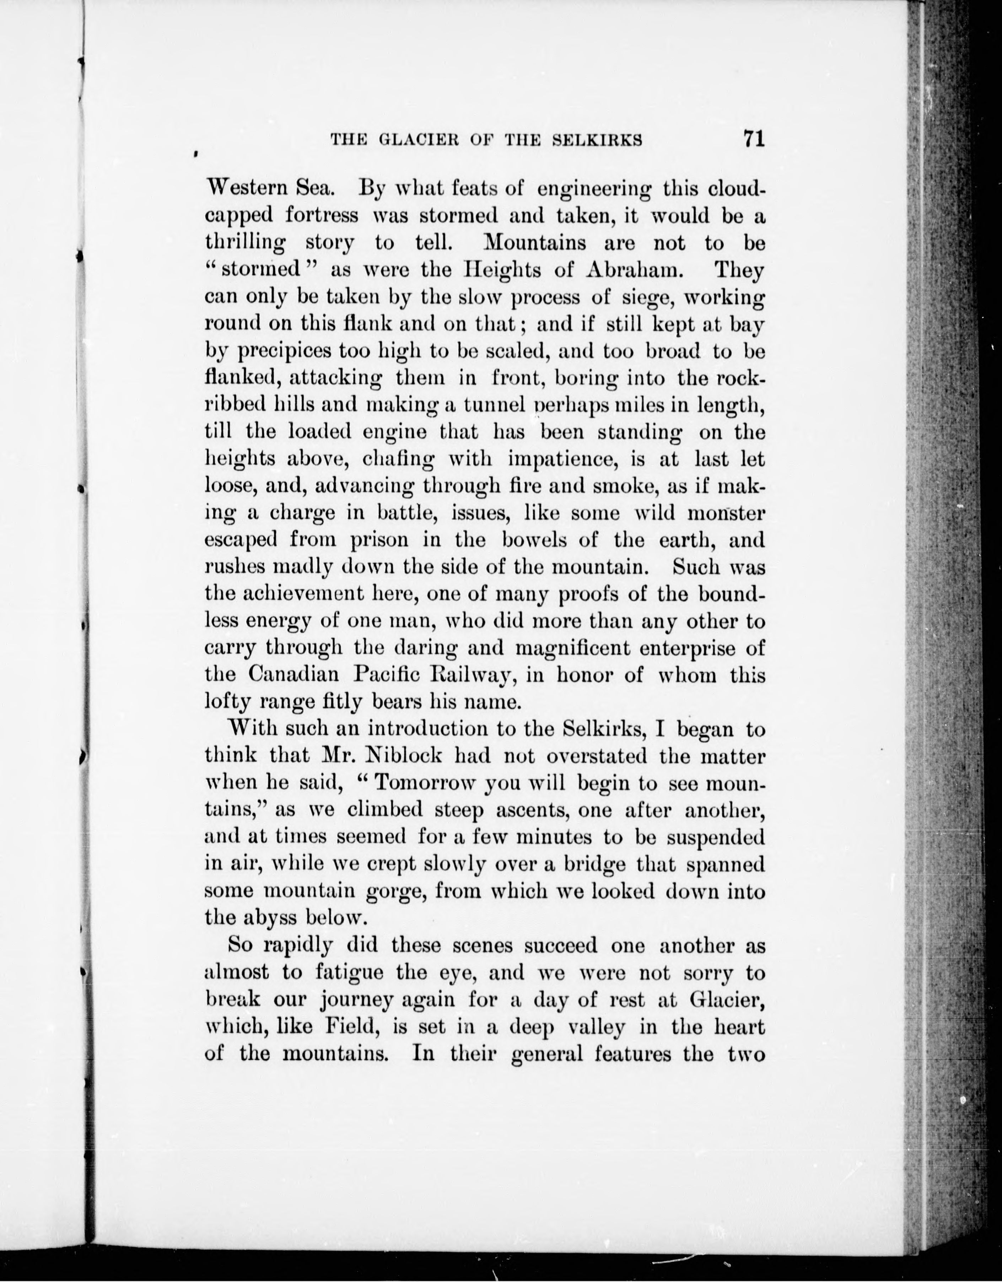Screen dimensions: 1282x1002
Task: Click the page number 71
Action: (754, 139)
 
